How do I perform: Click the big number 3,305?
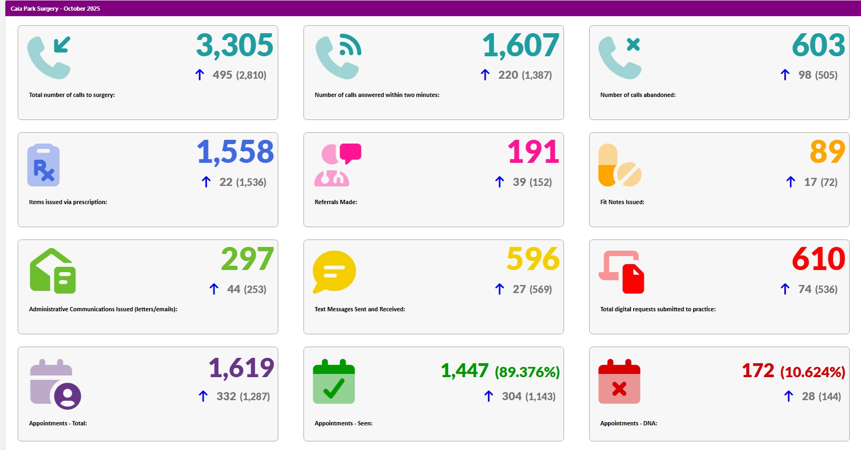[234, 46]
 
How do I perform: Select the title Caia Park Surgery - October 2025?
[55, 9]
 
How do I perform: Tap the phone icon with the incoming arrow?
[49, 57]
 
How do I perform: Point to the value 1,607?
[521, 46]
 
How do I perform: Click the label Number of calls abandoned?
[637, 95]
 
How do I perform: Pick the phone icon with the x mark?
[619, 57]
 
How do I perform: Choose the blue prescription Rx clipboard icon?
[43, 165]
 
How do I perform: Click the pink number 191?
[533, 152]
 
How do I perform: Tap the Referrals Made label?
[336, 202]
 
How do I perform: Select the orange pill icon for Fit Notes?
[619, 165]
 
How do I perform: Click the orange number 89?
[827, 152]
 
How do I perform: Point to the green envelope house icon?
[53, 271]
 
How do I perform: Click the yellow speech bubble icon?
[334, 272]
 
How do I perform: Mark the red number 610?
[818, 259]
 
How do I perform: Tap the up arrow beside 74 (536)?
[785, 289]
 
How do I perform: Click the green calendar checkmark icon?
[333, 382]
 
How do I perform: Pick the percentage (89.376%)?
[526, 372]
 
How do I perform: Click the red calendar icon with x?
[619, 382]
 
